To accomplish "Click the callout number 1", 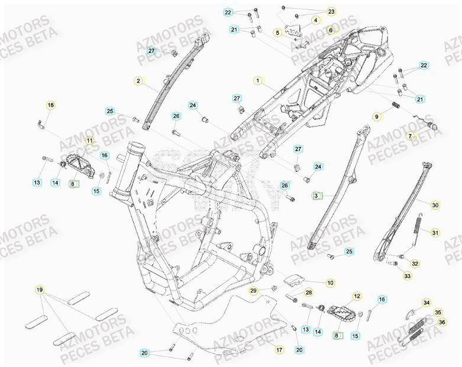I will [257, 79].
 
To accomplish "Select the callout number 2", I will [138, 81].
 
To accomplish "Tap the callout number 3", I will [316, 195].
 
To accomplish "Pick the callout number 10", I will [330, 283].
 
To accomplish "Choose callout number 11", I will [89, 141].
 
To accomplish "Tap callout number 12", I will [357, 295].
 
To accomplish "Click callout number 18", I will [50, 105].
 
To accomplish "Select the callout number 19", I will [39, 290].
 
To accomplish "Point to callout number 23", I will [331, 11].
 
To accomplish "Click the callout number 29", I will [253, 290].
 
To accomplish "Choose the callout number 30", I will [435, 205].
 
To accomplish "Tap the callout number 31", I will [435, 232].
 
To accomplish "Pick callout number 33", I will [407, 276].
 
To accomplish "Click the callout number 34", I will [427, 303].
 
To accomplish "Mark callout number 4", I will [315, 20].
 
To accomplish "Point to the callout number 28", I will [308, 293].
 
